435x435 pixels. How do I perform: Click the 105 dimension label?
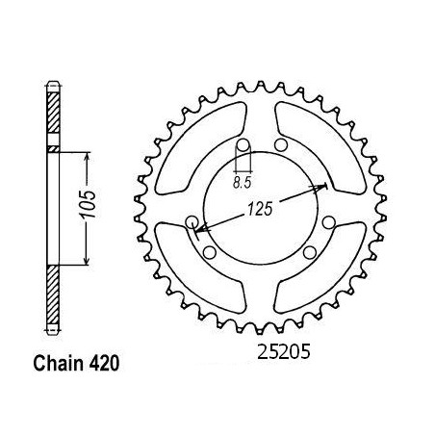tap(88, 204)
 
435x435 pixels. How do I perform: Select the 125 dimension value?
tap(260, 209)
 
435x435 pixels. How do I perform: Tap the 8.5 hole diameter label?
tap(243, 183)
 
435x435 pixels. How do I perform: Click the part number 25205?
tap(284, 352)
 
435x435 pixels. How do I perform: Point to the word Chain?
tap(58, 364)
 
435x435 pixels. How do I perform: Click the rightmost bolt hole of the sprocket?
tap(329, 222)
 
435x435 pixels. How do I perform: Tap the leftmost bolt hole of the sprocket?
tap(192, 221)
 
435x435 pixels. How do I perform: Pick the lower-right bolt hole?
tap(310, 252)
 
